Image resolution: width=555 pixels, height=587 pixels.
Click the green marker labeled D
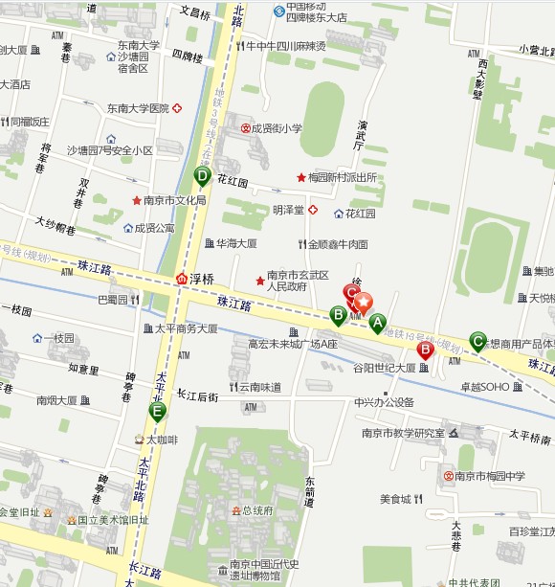(x=202, y=176)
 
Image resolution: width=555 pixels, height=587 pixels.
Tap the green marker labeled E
(x=157, y=413)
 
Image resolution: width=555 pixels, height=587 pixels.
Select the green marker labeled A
(x=377, y=323)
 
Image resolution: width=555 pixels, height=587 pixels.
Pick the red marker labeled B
(x=426, y=350)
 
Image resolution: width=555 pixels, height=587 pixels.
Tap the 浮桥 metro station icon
(x=182, y=279)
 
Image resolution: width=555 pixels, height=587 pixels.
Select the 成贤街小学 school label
(x=277, y=127)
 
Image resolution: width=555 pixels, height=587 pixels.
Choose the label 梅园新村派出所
(x=343, y=177)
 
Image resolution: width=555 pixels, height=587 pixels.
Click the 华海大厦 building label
(x=235, y=243)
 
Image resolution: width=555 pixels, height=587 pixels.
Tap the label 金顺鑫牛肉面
(x=338, y=244)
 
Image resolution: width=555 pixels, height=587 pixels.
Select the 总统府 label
(x=257, y=510)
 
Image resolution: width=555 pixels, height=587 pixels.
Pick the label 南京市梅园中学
(x=490, y=476)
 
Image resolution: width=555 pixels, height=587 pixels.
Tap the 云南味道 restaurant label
(x=259, y=387)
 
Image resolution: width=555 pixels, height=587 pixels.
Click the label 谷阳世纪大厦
(x=384, y=368)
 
